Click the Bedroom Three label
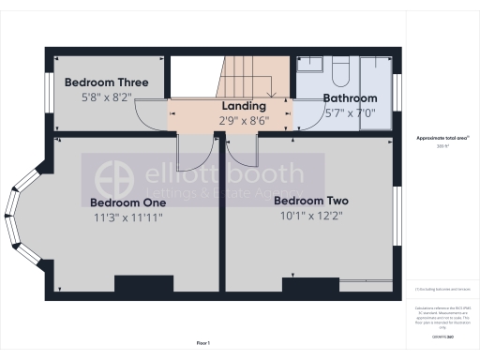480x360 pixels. coord(106,82)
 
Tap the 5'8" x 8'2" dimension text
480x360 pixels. coord(106,96)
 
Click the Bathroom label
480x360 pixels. coord(350,98)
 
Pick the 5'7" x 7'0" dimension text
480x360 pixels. coord(350,112)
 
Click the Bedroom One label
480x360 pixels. coord(127,202)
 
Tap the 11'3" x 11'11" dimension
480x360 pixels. coord(127,217)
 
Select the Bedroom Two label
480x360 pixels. coord(310,200)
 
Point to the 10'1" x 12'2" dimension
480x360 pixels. coord(310,215)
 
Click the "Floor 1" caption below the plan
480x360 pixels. coord(203,344)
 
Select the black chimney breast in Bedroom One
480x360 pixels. coord(144,286)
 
